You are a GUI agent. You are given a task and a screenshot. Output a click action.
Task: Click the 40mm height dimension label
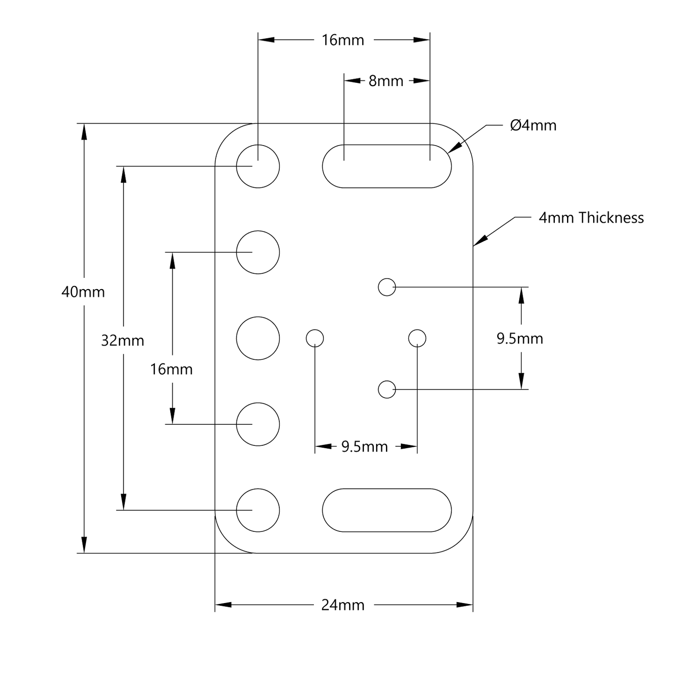pos(83,292)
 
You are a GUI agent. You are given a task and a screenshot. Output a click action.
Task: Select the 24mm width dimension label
pos(342,605)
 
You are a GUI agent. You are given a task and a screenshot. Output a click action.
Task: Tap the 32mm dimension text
pos(123,341)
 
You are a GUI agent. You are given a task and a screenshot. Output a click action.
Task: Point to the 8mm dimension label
pos(386,81)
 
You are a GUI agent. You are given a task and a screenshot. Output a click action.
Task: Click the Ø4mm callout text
pos(533,125)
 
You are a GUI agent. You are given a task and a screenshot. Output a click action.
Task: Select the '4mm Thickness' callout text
pos(591,218)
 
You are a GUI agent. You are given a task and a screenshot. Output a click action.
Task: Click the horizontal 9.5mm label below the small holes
pos(364,447)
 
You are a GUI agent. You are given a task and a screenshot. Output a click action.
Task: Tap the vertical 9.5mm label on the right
pos(520,339)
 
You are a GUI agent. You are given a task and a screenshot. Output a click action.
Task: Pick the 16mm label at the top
pos(342,40)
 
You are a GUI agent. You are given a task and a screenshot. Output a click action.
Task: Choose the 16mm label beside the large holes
pos(171,370)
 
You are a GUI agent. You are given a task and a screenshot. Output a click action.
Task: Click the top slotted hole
pos(387,166)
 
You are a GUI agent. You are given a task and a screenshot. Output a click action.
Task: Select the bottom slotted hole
pos(387,510)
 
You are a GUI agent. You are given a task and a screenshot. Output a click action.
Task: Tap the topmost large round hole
pos(258,166)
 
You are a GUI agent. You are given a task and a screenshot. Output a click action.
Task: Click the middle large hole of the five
pos(258,338)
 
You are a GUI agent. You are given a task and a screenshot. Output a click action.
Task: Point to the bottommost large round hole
pos(258,510)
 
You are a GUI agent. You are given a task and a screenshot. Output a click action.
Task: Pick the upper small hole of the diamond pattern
pos(387,287)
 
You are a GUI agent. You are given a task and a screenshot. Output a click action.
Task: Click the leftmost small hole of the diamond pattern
pos(315,338)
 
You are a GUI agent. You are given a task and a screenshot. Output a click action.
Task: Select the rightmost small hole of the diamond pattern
pos(417,338)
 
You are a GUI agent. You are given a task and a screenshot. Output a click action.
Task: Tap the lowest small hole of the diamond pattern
pos(387,389)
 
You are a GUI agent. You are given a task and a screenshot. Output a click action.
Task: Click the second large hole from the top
pos(258,252)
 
